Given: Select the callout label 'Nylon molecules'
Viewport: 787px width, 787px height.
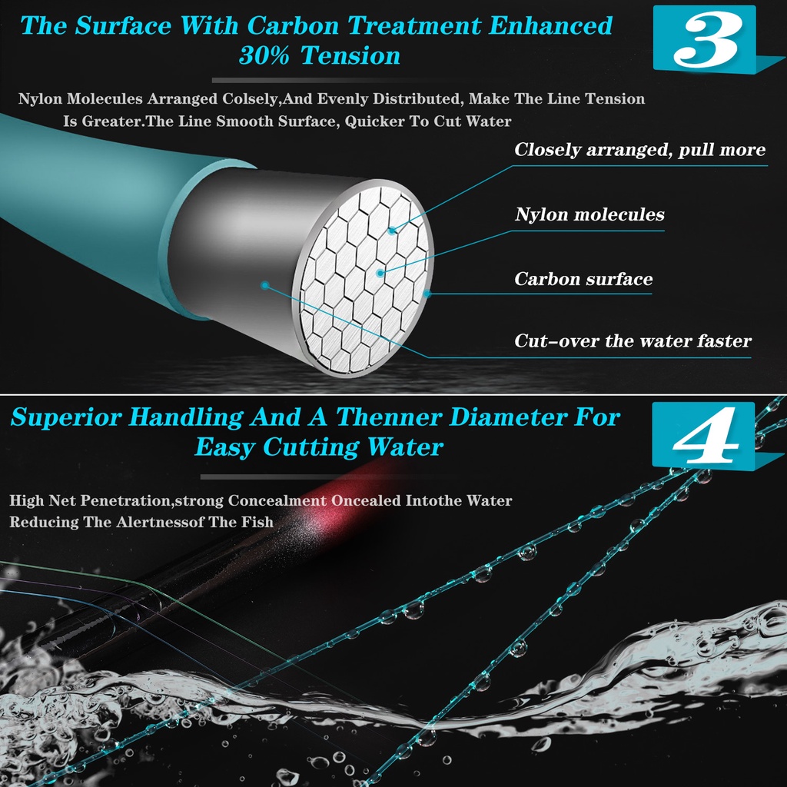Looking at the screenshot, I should click(x=589, y=214).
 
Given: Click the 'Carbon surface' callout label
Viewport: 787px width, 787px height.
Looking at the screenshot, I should click(x=583, y=279).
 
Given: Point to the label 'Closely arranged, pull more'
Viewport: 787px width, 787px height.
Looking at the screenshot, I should click(x=639, y=150).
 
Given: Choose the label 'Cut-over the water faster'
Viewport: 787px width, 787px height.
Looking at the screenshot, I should click(x=633, y=340).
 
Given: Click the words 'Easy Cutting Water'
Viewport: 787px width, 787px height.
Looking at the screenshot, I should click(x=319, y=447).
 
